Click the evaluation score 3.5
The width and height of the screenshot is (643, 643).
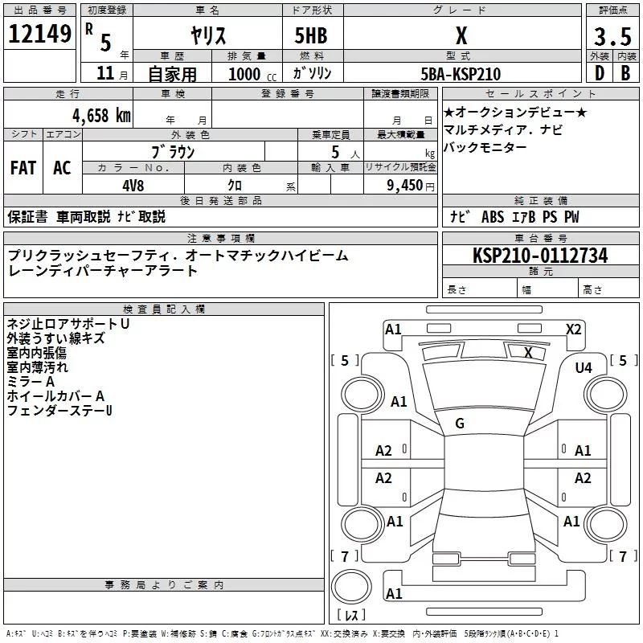612,36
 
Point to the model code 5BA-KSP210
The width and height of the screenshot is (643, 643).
461,74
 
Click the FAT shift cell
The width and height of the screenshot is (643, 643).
23,168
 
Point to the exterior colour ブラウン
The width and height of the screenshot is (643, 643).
174,152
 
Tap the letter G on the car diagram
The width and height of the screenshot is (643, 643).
460,424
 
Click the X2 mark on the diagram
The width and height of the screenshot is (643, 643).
573,329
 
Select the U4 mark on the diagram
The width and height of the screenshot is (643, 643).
584,367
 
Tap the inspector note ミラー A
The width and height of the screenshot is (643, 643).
31,382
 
